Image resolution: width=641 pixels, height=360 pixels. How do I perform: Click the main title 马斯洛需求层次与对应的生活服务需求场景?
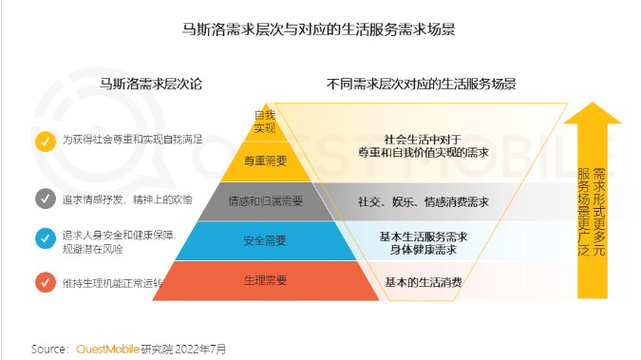[320, 28]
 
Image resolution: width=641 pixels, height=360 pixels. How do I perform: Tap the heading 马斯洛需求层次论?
[151, 84]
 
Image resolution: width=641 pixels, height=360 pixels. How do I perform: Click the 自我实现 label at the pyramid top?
[264, 122]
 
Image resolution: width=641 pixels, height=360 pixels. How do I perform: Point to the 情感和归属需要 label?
[265, 201]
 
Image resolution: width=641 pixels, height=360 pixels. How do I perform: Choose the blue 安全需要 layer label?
[265, 241]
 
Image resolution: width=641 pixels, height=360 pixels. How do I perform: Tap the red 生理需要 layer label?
[265, 281]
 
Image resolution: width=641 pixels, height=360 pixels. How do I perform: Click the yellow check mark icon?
[45, 140]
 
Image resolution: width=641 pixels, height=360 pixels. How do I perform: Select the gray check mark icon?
[45, 199]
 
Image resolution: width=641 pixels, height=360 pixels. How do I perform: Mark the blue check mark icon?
[45, 237]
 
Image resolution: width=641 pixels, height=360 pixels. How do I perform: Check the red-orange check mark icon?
[45, 282]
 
